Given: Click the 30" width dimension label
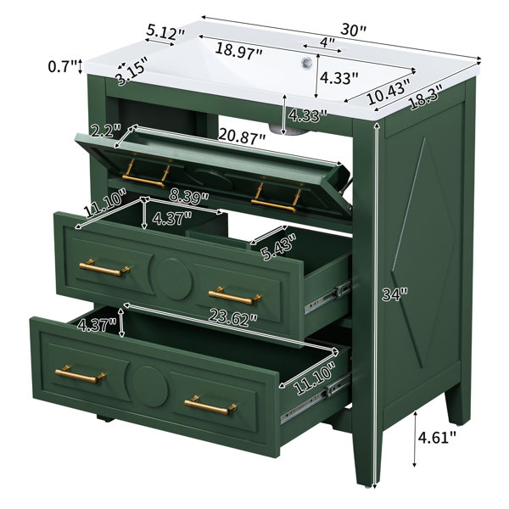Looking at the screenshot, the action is click(x=353, y=31).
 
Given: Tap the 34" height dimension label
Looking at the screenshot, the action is click(x=394, y=294).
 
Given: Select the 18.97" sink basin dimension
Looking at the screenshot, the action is click(x=238, y=50).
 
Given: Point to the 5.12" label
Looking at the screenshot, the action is click(x=165, y=32).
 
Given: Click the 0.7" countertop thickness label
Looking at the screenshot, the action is click(x=63, y=66).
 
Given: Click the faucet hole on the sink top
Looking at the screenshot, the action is click(x=306, y=62).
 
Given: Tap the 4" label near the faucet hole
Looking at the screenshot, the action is click(x=327, y=42).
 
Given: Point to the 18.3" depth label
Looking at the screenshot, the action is click(x=426, y=98).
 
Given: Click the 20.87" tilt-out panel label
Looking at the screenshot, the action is click(x=242, y=137).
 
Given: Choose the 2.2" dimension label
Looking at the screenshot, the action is click(x=106, y=131).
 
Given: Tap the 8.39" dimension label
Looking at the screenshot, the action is click(x=189, y=197).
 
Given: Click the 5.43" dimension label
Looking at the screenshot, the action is click(x=280, y=247).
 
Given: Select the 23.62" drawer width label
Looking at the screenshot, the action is click(x=233, y=317).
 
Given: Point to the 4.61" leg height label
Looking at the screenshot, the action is click(x=437, y=438).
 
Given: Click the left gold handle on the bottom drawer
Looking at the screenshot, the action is click(x=81, y=375).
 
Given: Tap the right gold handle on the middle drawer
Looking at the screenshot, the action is click(x=235, y=296).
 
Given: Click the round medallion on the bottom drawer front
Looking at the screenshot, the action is click(x=150, y=387).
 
